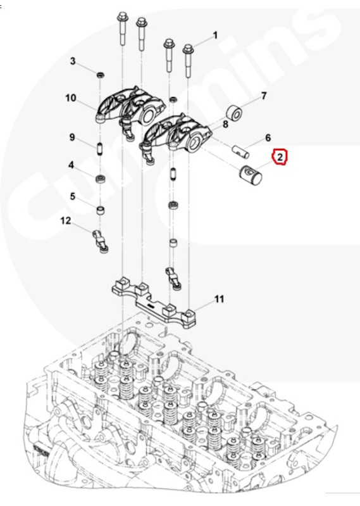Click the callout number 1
(215, 35)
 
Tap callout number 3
(73, 61)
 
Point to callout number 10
(71, 98)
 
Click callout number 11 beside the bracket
(219, 299)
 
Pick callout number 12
(66, 221)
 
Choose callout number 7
(264, 96)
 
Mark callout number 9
(72, 137)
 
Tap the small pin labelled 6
(241, 151)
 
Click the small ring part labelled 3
(101, 75)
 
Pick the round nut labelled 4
(99, 178)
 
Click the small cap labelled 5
(101, 211)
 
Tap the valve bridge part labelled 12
(101, 241)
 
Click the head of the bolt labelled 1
(187, 49)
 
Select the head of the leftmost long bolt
(122, 16)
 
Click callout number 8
(225, 124)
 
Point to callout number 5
(73, 196)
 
